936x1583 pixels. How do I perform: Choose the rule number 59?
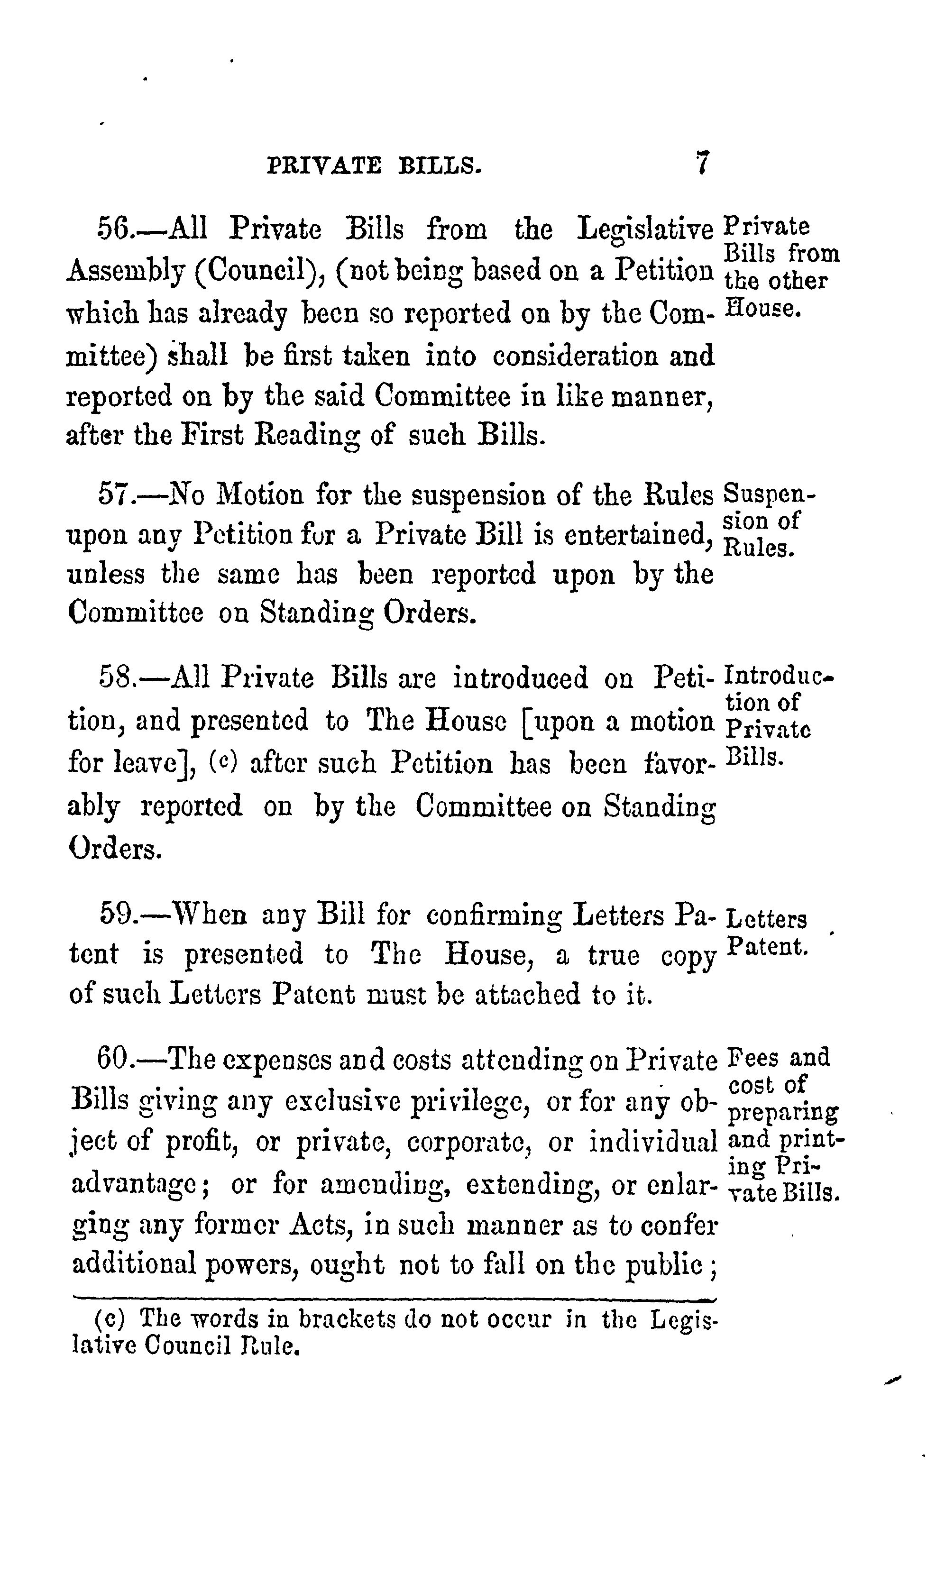click(x=115, y=914)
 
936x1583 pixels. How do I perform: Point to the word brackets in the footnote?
click(x=346, y=1319)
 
